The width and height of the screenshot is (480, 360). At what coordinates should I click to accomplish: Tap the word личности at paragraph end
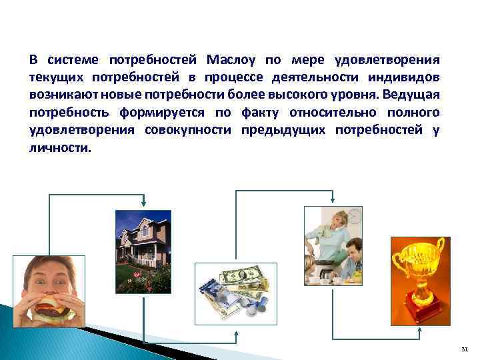pyautogui.click(x=58, y=147)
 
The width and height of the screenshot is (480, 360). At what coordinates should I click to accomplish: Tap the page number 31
pyautogui.click(x=464, y=349)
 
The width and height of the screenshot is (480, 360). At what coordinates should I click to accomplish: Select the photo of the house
pyautogui.click(x=143, y=251)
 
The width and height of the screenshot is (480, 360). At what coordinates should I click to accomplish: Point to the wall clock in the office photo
pyautogui.click(x=354, y=215)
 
